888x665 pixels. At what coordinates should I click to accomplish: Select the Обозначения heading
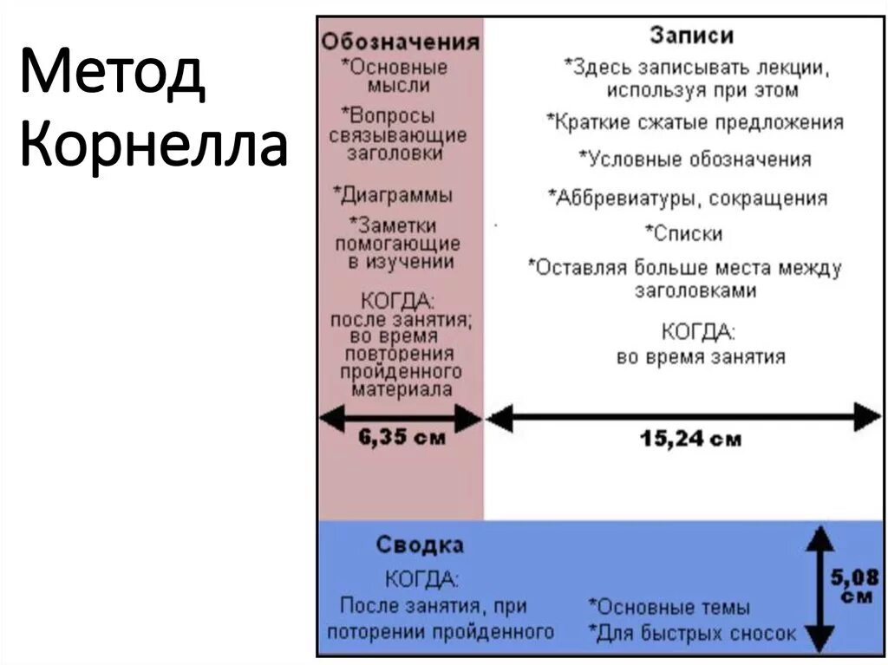400,42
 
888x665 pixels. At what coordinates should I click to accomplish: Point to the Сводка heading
420,545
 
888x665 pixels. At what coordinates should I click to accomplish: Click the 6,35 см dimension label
402,438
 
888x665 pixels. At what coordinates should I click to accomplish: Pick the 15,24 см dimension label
691,439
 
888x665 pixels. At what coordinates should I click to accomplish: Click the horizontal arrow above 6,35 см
401,420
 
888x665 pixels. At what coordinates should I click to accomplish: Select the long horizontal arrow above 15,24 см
684,417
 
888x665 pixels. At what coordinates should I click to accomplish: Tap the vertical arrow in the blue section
819,589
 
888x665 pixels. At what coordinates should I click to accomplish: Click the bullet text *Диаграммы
393,195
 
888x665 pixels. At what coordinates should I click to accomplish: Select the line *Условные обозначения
695,160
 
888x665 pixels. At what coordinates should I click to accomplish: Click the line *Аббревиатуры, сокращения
687,198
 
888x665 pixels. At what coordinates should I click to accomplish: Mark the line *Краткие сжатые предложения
695,122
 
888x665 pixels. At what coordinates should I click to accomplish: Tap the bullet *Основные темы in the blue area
669,608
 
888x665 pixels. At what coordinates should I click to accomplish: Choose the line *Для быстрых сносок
691,634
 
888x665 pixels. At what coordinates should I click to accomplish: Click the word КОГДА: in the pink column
396,301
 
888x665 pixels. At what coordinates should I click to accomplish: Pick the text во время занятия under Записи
701,356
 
